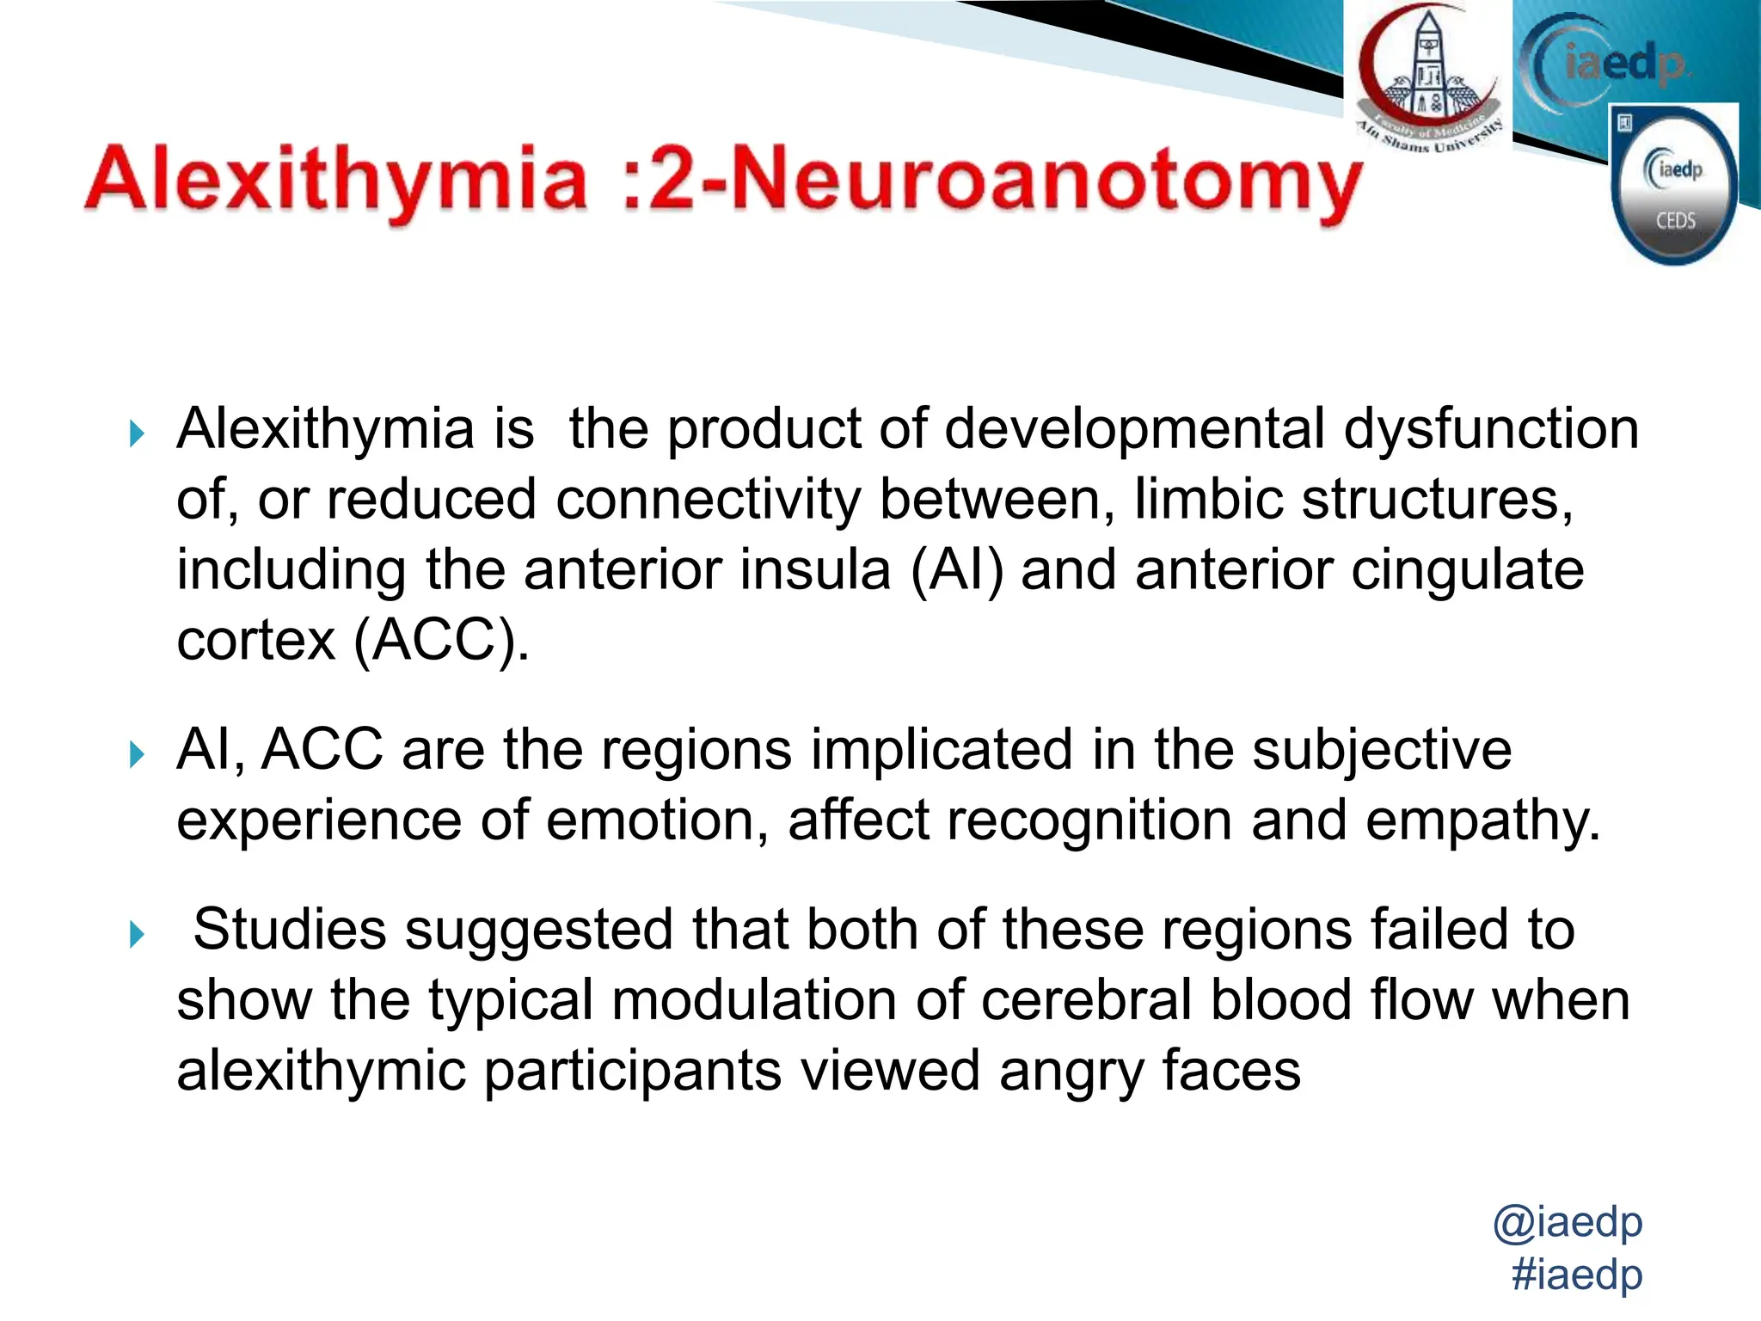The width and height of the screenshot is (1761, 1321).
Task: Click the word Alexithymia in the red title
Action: coord(335,181)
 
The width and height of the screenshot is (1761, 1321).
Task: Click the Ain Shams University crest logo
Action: coord(1428,77)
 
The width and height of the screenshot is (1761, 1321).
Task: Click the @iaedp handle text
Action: coord(1567,1221)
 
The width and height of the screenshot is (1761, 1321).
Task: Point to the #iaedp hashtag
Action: coord(1576,1274)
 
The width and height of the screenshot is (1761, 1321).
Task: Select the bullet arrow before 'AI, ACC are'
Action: coord(137,755)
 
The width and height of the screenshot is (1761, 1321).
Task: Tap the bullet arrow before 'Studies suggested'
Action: coord(137,934)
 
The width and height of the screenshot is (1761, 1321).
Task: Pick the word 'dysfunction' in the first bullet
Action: coord(1491,429)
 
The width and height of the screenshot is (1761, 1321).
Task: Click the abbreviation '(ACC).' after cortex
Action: coord(441,641)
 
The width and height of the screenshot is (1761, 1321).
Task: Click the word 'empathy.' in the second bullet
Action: coord(1482,821)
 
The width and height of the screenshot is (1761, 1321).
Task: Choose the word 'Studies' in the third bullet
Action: coord(290,930)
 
